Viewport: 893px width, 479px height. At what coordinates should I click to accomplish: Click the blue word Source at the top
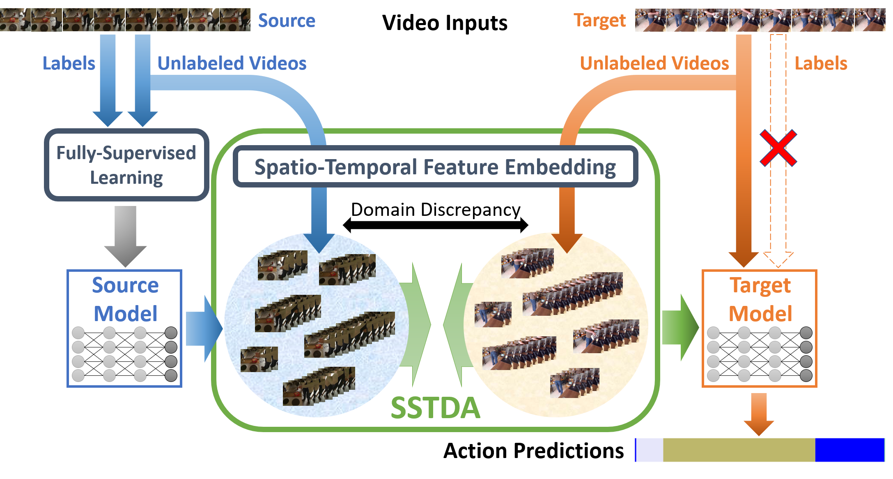287,21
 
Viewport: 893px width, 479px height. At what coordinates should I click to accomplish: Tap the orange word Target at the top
599,21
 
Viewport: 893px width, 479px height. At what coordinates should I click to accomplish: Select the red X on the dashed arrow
778,148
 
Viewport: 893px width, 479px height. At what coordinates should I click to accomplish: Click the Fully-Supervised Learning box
126,165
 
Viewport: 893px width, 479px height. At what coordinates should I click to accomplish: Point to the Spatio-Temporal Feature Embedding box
435,167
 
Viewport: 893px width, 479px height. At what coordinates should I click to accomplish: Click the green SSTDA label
435,408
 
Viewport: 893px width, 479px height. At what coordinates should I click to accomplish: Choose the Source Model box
124,328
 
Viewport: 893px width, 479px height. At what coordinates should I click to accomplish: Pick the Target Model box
760,328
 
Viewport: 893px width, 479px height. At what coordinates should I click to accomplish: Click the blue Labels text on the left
69,63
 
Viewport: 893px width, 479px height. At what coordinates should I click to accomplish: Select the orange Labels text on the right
821,63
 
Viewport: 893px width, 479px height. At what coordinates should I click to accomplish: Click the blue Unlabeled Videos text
232,63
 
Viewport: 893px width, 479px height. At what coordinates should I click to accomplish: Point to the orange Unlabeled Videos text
654,63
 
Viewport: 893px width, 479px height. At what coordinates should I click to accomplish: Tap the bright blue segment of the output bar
849,450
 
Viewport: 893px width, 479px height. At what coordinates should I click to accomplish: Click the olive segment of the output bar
739,450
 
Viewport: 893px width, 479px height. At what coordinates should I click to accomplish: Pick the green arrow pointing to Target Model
680,328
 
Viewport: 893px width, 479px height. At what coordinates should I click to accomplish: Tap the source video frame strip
125,20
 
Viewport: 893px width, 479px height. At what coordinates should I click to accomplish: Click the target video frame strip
760,20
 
